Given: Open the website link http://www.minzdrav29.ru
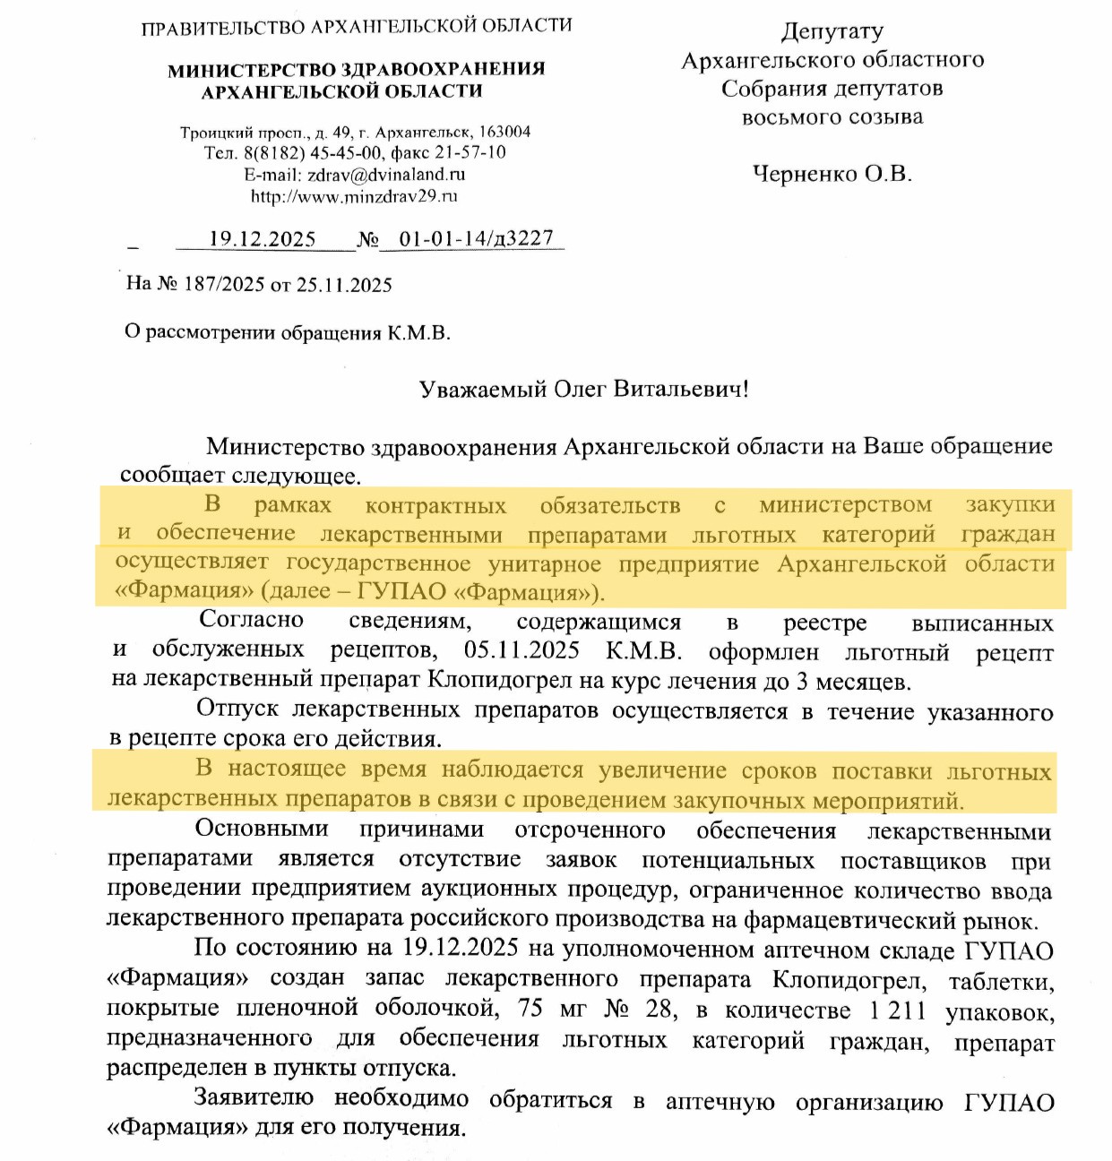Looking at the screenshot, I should click(354, 196).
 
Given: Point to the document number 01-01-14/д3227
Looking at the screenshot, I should click(476, 238).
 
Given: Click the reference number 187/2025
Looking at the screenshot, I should click(224, 285).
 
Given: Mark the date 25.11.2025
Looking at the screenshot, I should click(344, 285).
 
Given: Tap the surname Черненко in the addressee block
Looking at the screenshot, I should click(805, 174).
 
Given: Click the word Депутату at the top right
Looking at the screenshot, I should click(832, 31).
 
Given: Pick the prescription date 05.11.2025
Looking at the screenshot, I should click(522, 650).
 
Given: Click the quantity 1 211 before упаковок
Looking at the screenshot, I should click(897, 1010).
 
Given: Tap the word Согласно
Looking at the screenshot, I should click(252, 620).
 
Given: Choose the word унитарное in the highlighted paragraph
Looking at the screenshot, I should click(545, 564).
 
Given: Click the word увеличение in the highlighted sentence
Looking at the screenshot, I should click(662, 770).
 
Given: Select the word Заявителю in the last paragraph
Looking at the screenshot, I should click(254, 1098).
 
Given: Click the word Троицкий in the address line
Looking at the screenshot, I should click(217, 133).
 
